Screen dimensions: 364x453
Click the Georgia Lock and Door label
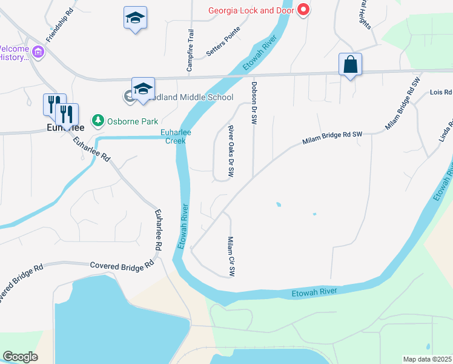(x=251, y=10)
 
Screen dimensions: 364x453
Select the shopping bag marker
(x=351, y=64)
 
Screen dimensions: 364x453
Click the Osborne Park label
(x=133, y=121)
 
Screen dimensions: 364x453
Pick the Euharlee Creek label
(x=173, y=136)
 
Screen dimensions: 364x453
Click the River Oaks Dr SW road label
(x=231, y=151)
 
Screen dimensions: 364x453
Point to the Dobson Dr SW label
(x=254, y=103)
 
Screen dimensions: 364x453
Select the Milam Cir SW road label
(x=230, y=256)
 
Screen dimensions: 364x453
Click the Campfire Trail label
(x=190, y=51)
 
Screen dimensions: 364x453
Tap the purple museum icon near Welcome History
(x=39, y=53)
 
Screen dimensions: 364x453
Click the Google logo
(x=20, y=357)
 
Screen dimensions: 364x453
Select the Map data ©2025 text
(x=428, y=359)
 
